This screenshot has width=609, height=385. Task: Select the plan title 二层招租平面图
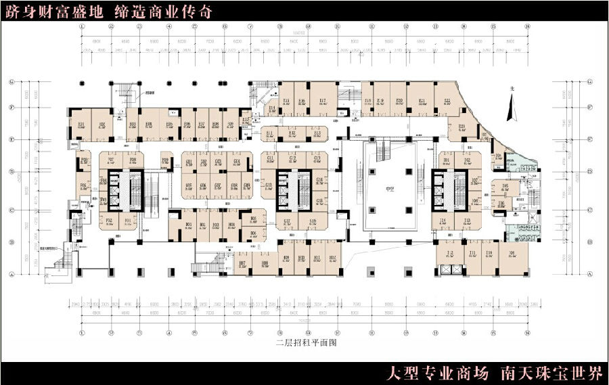tap(304, 343)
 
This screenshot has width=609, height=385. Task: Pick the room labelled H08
tap(265, 265)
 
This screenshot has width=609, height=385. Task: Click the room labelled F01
tap(129, 221)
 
